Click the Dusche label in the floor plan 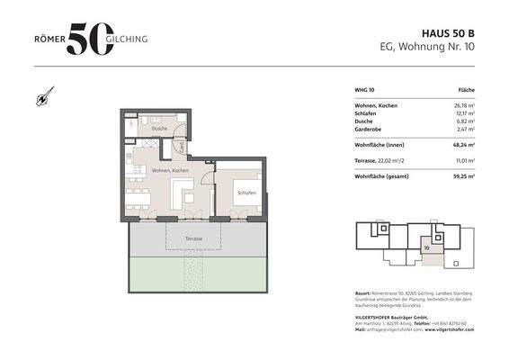[159, 130]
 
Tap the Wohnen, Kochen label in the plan [169, 170]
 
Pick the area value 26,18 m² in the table [462, 106]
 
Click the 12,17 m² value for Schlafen [462, 114]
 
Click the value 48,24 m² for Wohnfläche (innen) [461, 143]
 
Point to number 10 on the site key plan [426, 245]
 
